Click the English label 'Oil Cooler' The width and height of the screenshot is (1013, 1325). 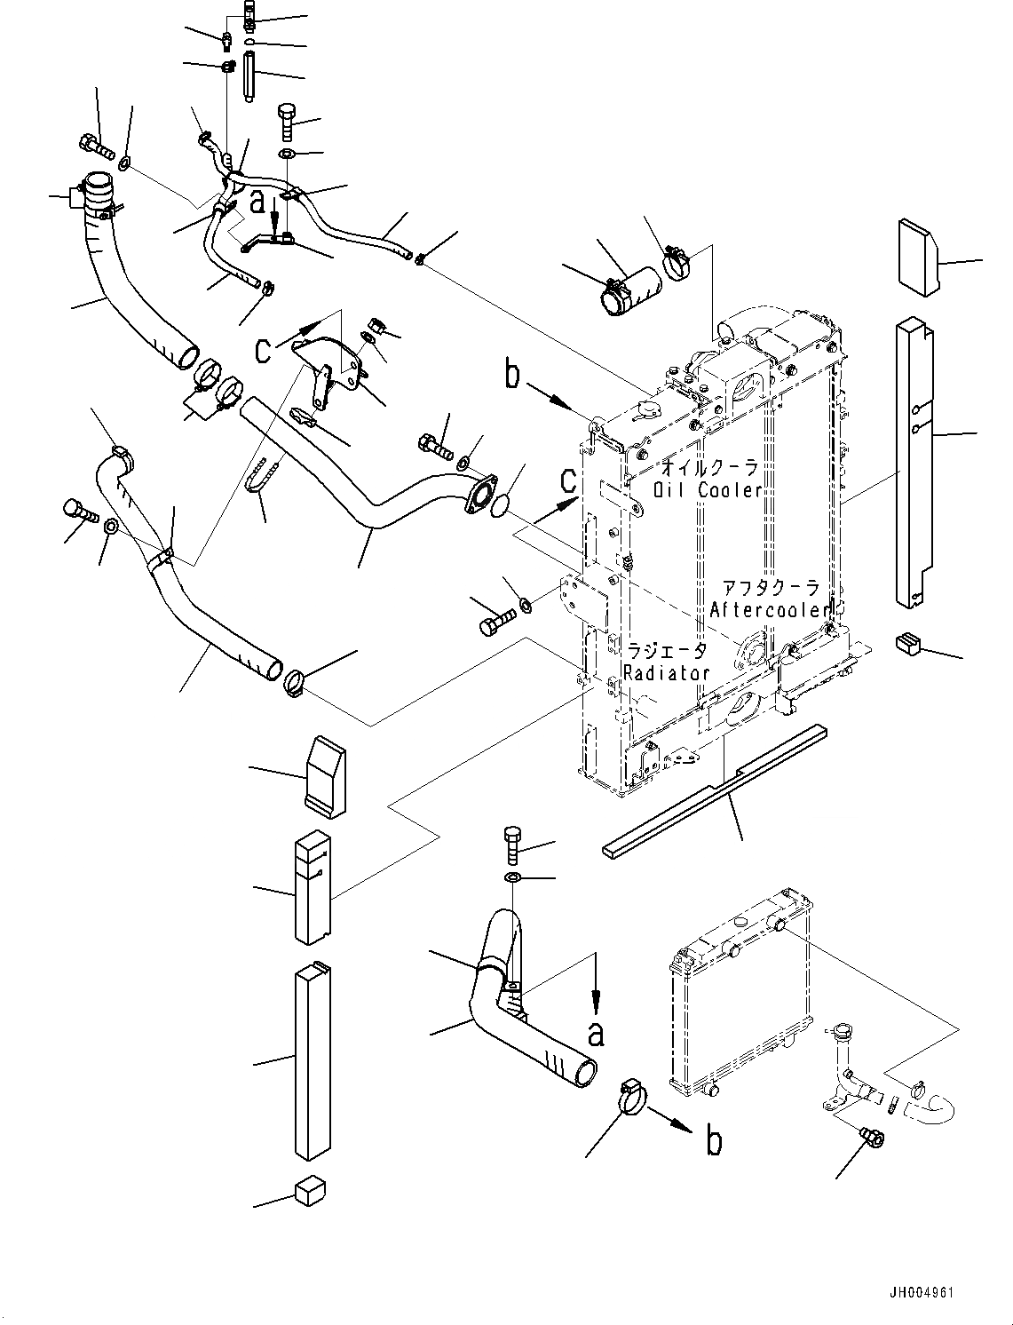pos(708,489)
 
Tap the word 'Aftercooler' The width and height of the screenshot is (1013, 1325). pos(770,610)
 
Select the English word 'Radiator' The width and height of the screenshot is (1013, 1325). pos(666,672)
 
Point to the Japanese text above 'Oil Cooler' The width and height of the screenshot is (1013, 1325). pos(709,467)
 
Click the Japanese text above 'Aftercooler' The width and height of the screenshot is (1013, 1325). pos(771,588)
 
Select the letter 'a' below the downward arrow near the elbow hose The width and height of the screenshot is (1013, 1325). pos(596,1034)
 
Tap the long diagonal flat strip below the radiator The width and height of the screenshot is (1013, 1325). pos(715,791)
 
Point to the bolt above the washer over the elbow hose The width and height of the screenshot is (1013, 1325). pos(511,845)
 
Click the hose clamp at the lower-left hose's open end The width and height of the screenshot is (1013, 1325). pos(294,684)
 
